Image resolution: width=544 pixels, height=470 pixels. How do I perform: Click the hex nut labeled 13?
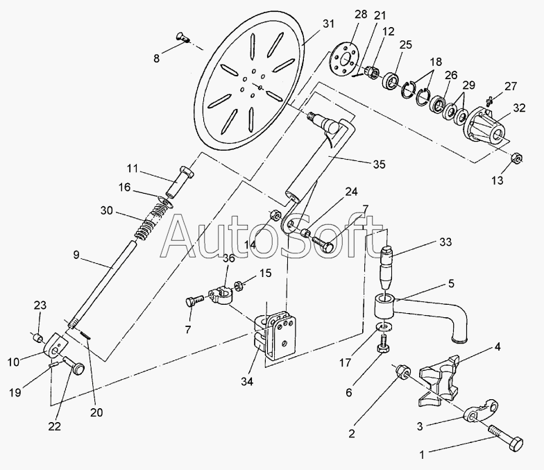(516, 158)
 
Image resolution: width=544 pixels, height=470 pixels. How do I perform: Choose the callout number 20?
(96, 412)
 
